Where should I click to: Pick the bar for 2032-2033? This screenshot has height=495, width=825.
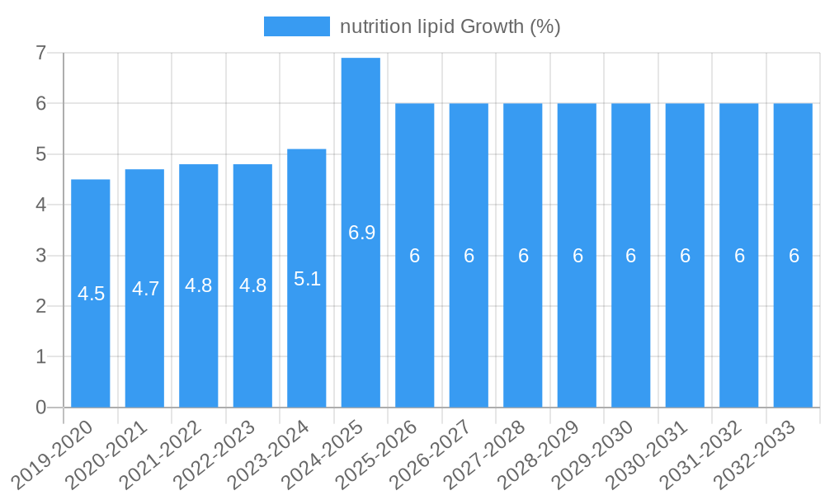(x=793, y=330)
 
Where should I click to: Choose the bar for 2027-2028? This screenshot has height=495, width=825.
(x=523, y=330)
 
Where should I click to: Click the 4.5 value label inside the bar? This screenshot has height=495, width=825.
(x=91, y=294)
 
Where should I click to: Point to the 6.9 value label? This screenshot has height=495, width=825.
(x=361, y=233)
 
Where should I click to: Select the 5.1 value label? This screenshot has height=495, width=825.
(x=307, y=279)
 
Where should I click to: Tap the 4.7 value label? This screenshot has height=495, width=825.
(x=145, y=289)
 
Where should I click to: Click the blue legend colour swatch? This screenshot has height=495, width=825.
(x=296, y=26)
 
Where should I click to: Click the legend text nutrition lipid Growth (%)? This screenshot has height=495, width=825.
(x=450, y=26)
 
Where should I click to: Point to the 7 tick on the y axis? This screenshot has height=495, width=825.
(x=40, y=53)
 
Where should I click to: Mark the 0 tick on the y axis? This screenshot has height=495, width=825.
(x=40, y=408)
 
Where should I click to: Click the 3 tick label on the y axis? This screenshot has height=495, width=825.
(x=40, y=256)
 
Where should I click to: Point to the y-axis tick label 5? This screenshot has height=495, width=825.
(x=40, y=154)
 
